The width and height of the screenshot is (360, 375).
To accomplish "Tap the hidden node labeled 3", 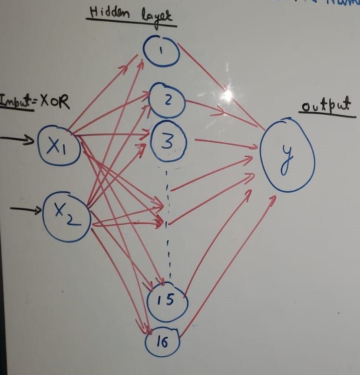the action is (x=168, y=142).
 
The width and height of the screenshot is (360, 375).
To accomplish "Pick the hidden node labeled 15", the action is (x=167, y=300).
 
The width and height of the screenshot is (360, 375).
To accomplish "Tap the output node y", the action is (x=286, y=156).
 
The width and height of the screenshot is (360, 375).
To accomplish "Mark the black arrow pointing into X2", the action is (x=26, y=210).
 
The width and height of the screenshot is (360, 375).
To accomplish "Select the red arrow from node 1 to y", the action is (x=221, y=87).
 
